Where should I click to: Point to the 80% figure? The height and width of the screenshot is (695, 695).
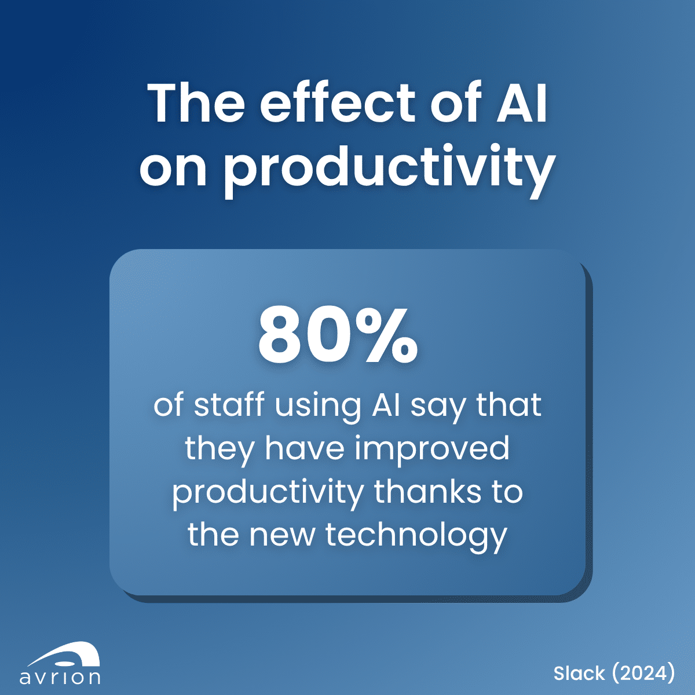pos(338,336)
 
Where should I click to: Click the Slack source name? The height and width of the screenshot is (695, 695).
pos(579,673)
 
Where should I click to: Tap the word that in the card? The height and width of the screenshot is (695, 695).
pos(509,405)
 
